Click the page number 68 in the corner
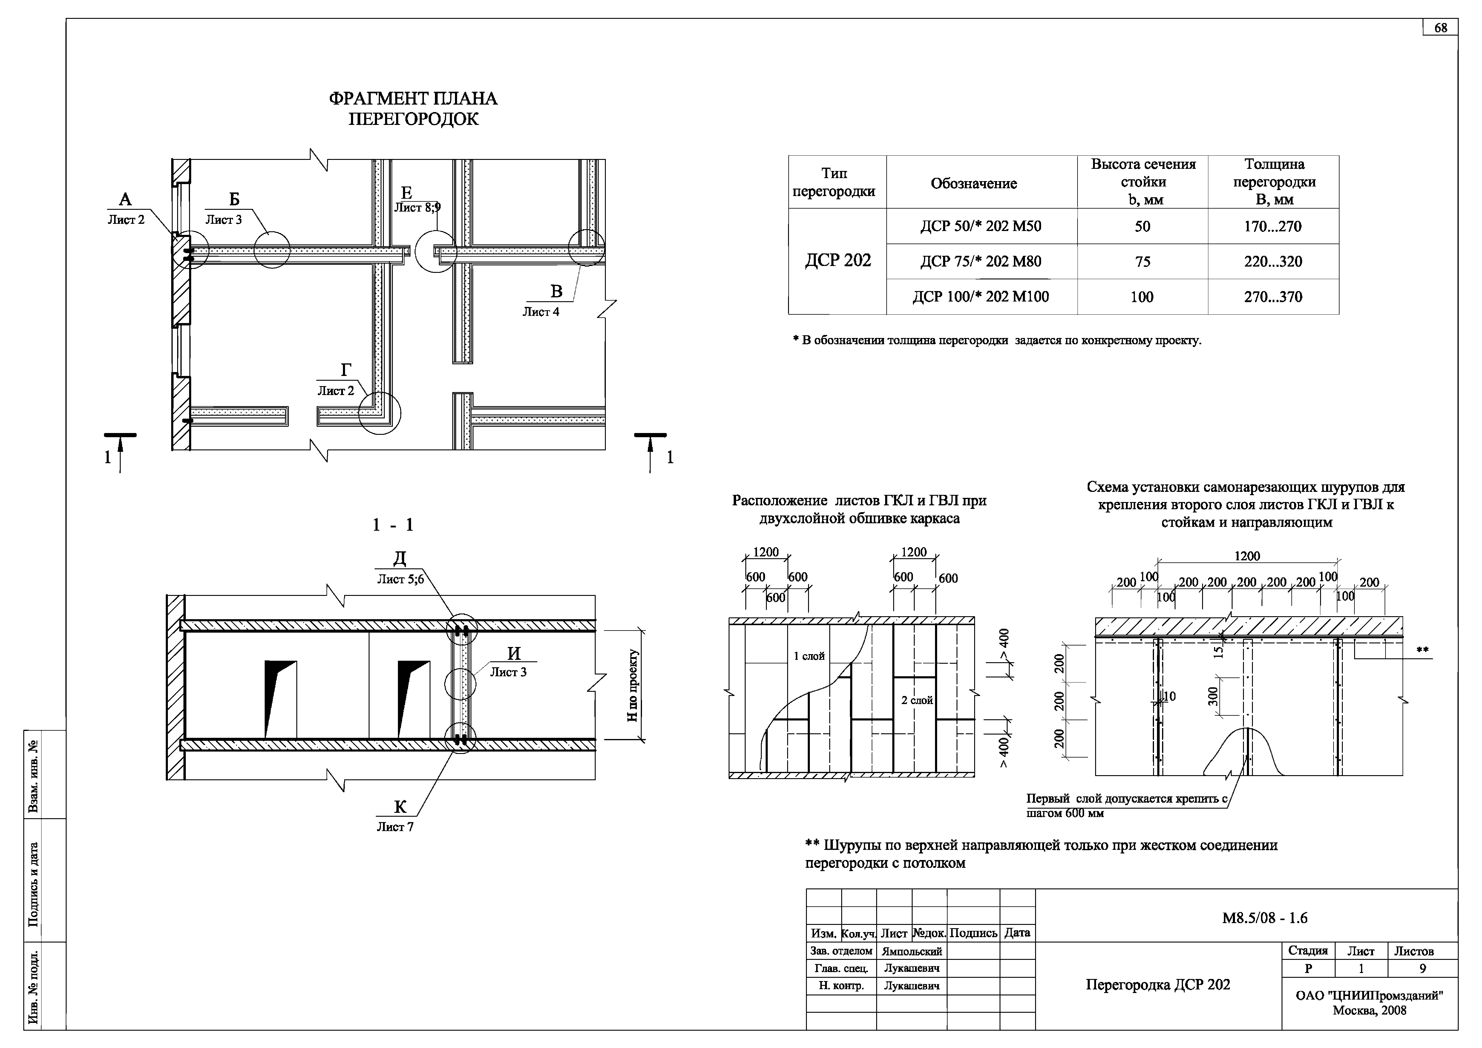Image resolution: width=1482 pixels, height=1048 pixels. (x=1441, y=28)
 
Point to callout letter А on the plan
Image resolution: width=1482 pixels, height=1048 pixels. (x=125, y=200)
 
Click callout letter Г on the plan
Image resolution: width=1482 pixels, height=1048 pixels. (x=346, y=370)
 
